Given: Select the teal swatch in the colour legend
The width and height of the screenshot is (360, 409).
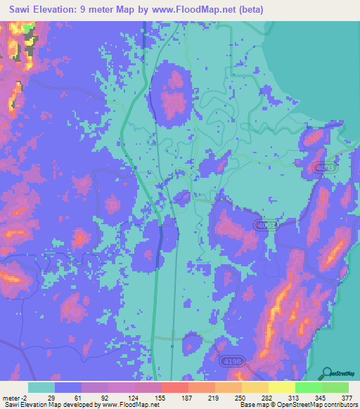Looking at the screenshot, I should click(41, 387).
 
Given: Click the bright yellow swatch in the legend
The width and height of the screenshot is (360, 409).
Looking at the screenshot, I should click(281, 387).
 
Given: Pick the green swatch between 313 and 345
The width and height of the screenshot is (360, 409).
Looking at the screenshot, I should click(308, 387).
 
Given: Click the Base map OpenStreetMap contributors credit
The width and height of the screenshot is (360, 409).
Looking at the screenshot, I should click(297, 405).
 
